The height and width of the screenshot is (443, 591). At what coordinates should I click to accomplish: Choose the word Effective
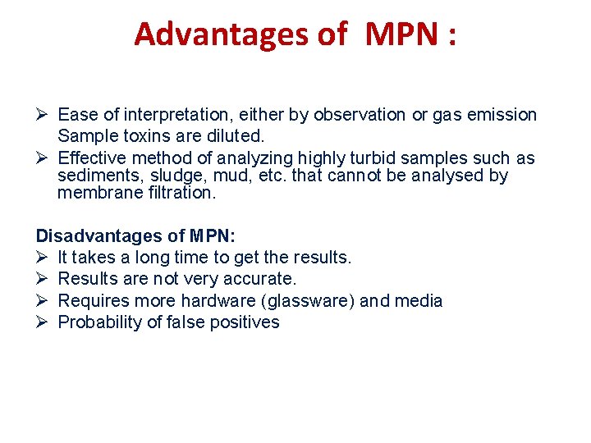(x=92, y=158)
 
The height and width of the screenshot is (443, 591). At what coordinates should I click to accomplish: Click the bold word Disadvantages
(x=98, y=236)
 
